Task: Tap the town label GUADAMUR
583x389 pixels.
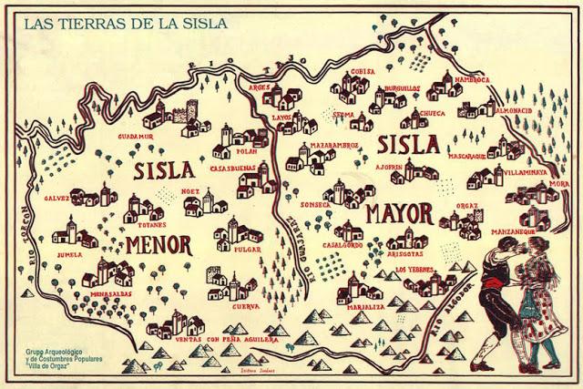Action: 138,136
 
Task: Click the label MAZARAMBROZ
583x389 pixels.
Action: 334,145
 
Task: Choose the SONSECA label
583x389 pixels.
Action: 316,203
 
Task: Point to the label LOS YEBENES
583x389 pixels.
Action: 415,271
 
